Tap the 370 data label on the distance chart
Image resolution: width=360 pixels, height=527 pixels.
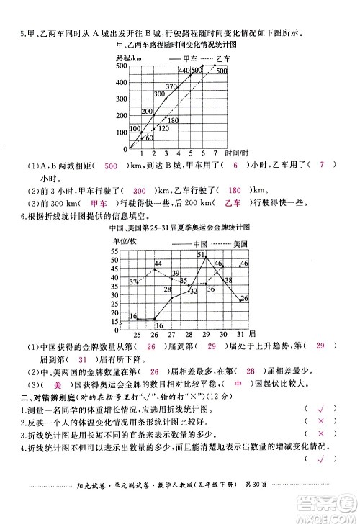pos(171,86)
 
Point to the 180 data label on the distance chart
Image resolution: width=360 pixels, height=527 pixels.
pos(173,120)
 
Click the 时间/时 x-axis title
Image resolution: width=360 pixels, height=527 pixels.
pos(236,153)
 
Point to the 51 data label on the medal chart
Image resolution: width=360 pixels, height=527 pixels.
pos(201,256)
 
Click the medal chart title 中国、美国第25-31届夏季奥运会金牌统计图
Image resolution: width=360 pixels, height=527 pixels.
pos(180,229)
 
